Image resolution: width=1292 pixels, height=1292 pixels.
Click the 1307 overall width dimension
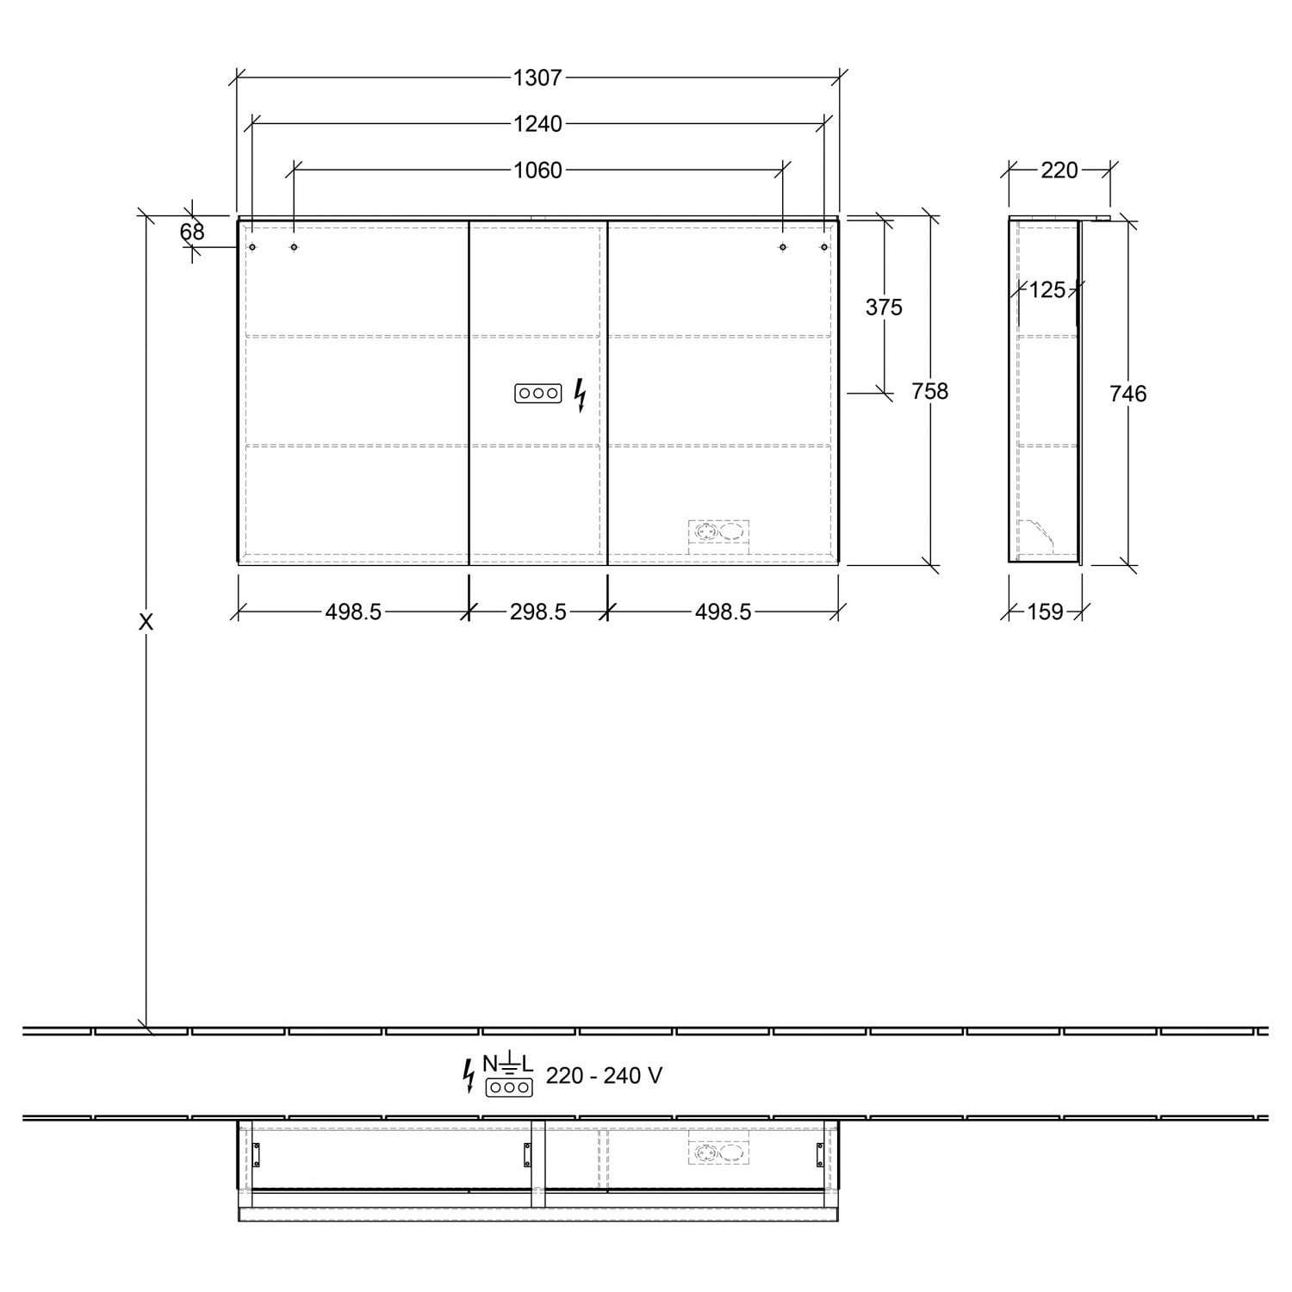(537, 78)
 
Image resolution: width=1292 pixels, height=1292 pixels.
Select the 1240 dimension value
(537, 124)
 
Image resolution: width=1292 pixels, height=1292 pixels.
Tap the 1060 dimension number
(537, 170)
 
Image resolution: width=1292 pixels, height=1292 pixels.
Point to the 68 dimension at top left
(192, 232)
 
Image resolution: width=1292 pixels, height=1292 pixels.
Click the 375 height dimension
(884, 307)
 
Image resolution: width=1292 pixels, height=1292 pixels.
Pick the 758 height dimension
(929, 391)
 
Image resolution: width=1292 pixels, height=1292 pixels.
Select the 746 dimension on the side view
(1127, 394)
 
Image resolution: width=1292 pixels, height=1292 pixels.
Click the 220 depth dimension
(1059, 171)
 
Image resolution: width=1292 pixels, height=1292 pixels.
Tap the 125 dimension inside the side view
(1047, 290)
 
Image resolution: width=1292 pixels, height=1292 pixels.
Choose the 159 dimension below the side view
(1045, 612)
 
